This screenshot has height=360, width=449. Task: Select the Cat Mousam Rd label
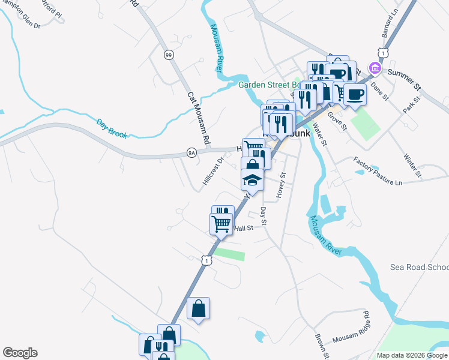point(198,118)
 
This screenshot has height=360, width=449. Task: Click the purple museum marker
point(376,67)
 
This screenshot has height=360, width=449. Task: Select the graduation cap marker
point(252,180)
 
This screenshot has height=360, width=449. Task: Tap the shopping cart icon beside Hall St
point(221,224)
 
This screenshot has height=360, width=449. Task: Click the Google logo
point(20,353)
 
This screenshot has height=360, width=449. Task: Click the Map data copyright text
point(412,355)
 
